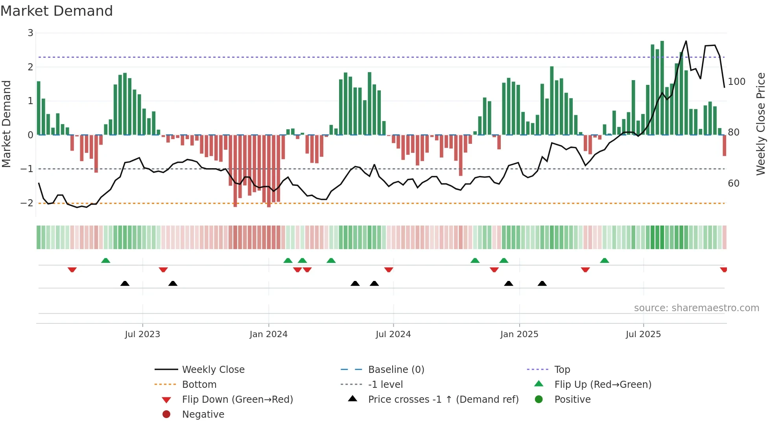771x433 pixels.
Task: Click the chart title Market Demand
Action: [57, 11]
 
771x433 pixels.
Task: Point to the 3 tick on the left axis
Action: [30, 33]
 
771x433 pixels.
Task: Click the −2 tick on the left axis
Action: [27, 203]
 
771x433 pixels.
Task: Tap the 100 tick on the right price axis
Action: [736, 82]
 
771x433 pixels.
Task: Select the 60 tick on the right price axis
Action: [733, 183]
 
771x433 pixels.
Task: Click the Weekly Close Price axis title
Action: [761, 124]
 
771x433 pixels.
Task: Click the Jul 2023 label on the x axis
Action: [142, 334]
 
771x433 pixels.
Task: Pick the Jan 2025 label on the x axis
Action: [519, 334]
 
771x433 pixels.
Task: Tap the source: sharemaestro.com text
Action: [696, 308]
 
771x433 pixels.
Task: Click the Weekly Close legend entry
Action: [213, 370]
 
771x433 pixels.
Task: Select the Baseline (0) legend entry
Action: [396, 370]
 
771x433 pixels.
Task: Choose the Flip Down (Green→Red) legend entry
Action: [237, 400]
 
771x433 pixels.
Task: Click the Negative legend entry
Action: [203, 415]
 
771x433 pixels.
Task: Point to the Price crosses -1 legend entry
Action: [443, 400]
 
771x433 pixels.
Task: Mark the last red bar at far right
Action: [724, 145]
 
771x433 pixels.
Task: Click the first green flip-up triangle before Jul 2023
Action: [105, 261]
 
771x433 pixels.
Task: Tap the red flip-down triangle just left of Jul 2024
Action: [389, 270]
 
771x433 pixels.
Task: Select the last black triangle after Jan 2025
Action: [542, 283]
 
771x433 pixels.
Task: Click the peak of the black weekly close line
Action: [686, 41]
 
